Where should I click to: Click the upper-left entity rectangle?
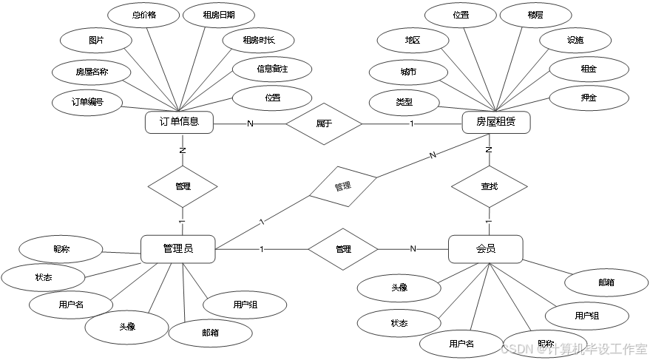179,123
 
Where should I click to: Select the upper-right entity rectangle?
495,123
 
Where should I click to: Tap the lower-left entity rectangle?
178,249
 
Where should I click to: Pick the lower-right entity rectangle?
485,249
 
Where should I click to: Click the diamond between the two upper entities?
324,123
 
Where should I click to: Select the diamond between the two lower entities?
342,249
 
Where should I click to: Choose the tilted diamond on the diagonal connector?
342,186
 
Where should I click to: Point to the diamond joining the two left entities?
183,186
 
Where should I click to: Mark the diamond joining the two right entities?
489,186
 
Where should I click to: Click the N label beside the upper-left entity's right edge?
250,123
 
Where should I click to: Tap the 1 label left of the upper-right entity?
411,123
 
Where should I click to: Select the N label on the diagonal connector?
433,155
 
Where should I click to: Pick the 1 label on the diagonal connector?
262,222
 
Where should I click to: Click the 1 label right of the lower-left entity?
261,249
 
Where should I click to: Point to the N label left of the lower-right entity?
413,249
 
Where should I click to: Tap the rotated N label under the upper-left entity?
183,151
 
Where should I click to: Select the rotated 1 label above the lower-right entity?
489,221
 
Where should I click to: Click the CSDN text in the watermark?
516,347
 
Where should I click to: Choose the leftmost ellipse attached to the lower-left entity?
43,277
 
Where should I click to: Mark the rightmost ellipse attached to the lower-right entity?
606,282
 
